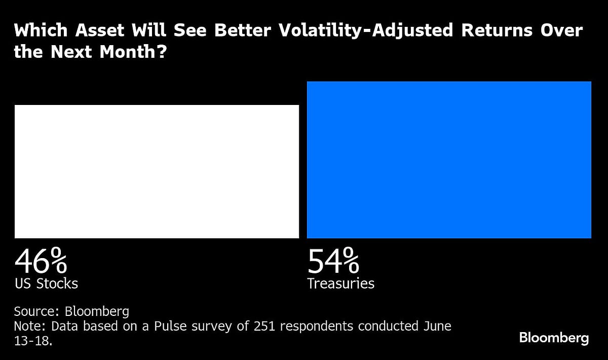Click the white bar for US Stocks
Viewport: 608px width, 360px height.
pyautogui.click(x=157, y=171)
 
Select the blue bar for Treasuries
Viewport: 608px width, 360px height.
pyautogui.click(x=449, y=160)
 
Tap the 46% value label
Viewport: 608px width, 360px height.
pyautogui.click(x=41, y=262)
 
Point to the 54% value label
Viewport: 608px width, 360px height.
pyautogui.click(x=333, y=262)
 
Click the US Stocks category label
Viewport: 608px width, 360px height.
pyautogui.click(x=46, y=283)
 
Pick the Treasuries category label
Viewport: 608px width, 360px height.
pyautogui.click(x=340, y=283)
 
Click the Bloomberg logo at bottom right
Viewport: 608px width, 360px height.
pyautogui.click(x=554, y=338)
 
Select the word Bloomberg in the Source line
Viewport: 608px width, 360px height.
pyautogui.click(x=97, y=311)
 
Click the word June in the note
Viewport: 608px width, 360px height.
pyautogui.click(x=435, y=326)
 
